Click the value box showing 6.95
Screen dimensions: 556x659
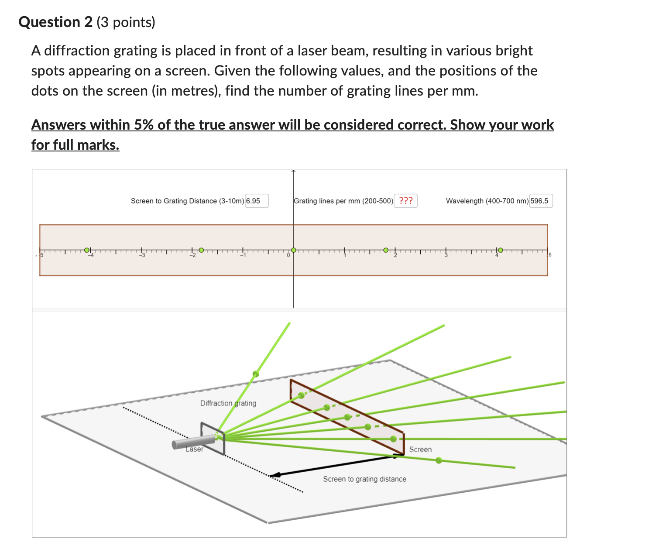pos(257,201)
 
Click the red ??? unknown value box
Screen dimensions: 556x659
pos(405,201)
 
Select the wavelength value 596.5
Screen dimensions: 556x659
pos(541,201)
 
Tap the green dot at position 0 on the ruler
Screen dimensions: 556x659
pos(294,250)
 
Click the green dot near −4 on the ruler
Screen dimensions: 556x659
pos(87,250)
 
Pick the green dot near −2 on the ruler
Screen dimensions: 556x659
pos(201,250)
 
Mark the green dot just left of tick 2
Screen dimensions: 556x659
pos(386,250)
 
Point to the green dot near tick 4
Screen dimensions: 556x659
pos(500,250)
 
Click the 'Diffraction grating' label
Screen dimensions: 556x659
pos(228,403)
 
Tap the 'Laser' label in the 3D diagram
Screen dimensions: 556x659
pos(195,450)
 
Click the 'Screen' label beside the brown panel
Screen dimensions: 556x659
pos(420,450)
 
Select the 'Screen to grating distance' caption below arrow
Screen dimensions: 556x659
pos(364,479)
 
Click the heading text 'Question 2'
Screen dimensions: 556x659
pos(55,22)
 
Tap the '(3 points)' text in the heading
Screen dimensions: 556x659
pos(126,22)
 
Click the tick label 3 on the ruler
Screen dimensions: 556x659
pos(446,256)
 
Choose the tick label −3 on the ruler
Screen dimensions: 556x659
pos(141,256)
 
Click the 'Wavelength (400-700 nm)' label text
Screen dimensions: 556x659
pos(487,201)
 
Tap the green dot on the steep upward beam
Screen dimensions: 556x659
pos(256,374)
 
